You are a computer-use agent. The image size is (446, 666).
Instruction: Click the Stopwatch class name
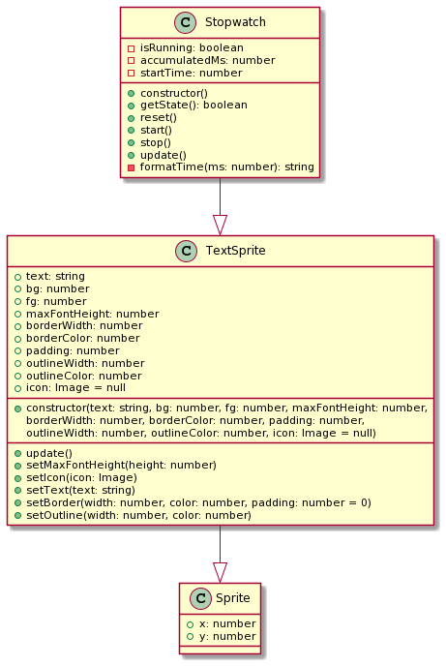tap(235, 22)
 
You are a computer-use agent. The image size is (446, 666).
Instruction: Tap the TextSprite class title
tap(235, 251)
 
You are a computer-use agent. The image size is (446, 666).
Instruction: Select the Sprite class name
tap(232, 598)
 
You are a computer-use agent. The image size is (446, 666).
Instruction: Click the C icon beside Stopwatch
tap(185, 22)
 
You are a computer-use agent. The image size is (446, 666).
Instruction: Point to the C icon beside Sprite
tap(200, 598)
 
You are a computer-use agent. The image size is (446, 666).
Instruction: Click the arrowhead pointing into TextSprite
tap(220, 226)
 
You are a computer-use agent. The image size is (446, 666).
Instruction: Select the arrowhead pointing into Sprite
tap(220, 572)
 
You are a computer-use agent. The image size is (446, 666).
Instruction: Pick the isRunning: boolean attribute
tap(192, 47)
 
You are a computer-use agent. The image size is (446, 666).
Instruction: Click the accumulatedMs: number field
tap(207, 60)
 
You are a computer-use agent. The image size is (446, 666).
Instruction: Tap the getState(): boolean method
tap(193, 105)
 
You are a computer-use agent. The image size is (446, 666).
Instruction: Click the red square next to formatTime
tap(132, 167)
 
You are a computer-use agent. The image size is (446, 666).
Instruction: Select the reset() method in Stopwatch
tap(159, 118)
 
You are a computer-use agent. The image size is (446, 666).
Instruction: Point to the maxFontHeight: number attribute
tap(93, 314)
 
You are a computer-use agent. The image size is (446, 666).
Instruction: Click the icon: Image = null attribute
tap(75, 388)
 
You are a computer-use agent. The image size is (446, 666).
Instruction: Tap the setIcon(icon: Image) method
tap(81, 478)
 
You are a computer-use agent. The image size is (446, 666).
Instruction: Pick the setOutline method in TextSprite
tap(138, 515)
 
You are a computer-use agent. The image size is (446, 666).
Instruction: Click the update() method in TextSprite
tap(49, 453)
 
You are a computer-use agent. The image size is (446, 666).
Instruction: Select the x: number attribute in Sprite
tap(227, 623)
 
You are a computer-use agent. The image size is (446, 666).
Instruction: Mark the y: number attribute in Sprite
tap(227, 636)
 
